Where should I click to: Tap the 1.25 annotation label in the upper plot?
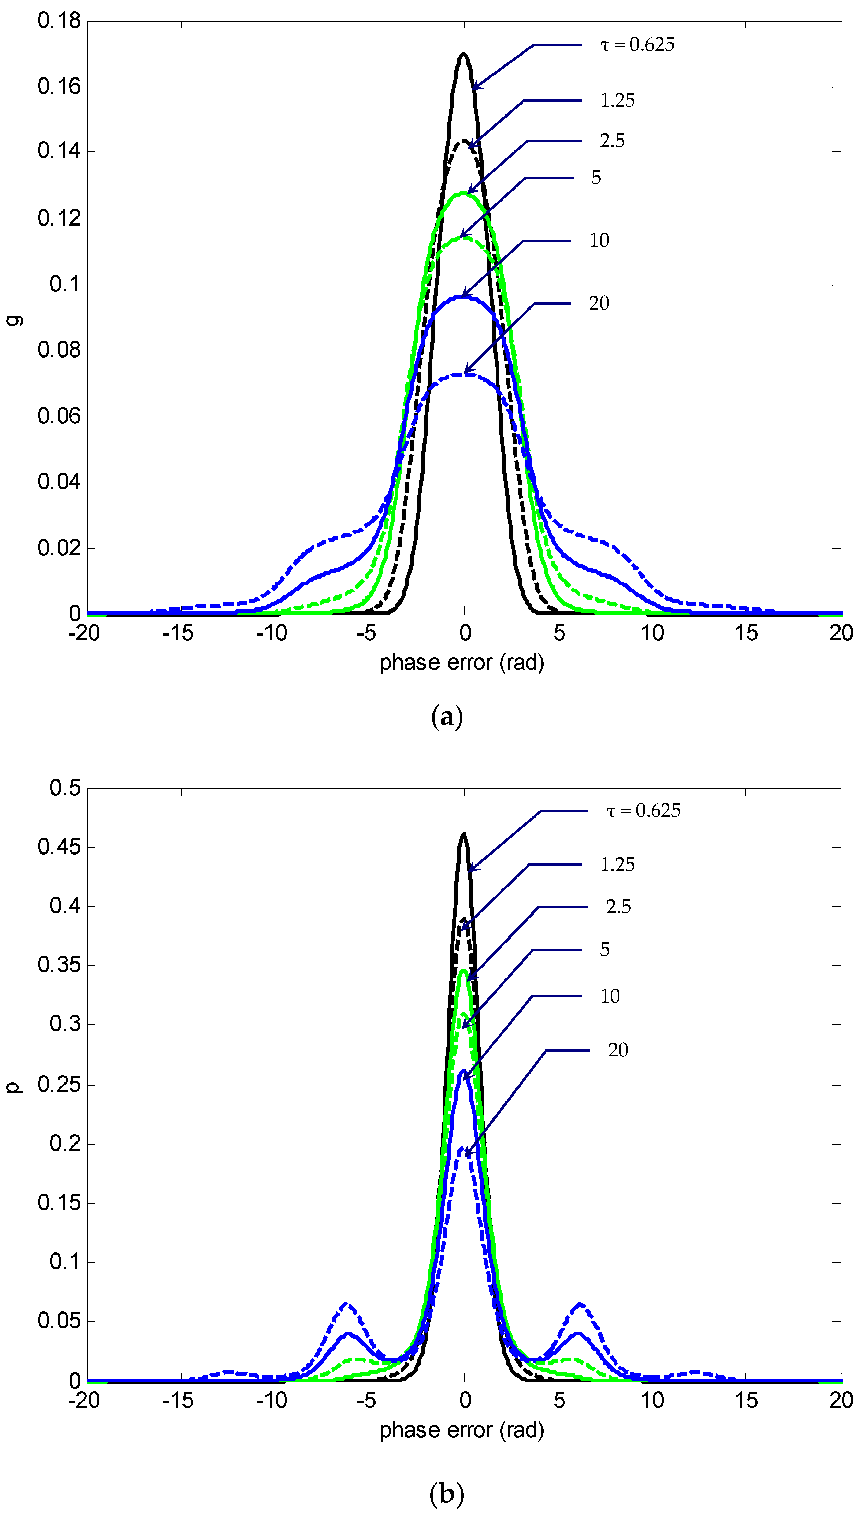(617, 100)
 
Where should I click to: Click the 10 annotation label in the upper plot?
(599, 241)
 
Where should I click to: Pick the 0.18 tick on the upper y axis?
(59, 21)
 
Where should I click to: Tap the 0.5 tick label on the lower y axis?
(65, 788)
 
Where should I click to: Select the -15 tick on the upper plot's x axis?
(178, 633)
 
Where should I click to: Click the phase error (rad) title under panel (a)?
(462, 663)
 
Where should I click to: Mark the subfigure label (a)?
(447, 717)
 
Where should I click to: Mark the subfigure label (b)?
(447, 1492)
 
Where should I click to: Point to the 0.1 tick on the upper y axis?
(65, 285)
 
